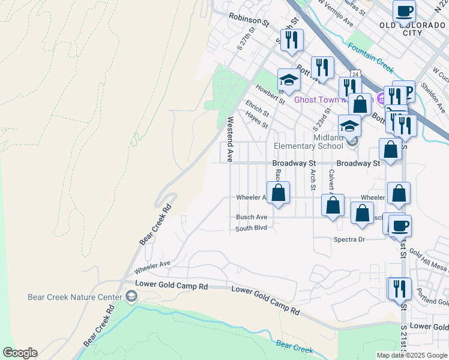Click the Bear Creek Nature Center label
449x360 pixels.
(71, 296)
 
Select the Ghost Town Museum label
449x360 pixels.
(330, 100)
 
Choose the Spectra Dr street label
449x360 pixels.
(349, 239)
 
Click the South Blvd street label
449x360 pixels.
(251, 229)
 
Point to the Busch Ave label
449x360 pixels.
(252, 217)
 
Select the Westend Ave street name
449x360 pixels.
(229, 139)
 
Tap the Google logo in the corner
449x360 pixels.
(20, 353)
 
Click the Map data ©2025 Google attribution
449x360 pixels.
(412, 355)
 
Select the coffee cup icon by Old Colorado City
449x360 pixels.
(404, 11)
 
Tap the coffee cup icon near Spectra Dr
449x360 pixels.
(400, 226)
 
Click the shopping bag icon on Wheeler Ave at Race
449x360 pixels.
(278, 193)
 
